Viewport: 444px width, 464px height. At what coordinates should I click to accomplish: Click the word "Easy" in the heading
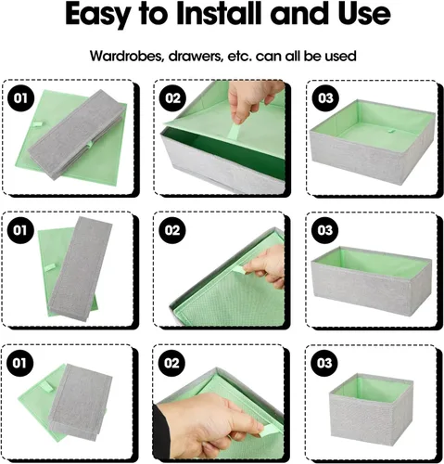click(x=97, y=15)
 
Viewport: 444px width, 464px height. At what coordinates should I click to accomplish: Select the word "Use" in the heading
click(x=364, y=14)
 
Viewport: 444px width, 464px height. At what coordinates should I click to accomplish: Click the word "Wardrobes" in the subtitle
click(x=127, y=56)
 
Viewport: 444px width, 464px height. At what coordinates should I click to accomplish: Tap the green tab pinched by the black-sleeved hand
click(x=267, y=430)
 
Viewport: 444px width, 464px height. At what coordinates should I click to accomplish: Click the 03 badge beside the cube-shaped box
click(x=324, y=363)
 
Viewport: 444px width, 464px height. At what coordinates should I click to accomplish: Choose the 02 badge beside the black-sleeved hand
click(x=171, y=363)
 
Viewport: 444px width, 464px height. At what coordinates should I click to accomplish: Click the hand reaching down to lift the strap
click(x=253, y=99)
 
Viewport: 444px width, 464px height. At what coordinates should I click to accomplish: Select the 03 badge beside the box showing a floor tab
click(x=325, y=98)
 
